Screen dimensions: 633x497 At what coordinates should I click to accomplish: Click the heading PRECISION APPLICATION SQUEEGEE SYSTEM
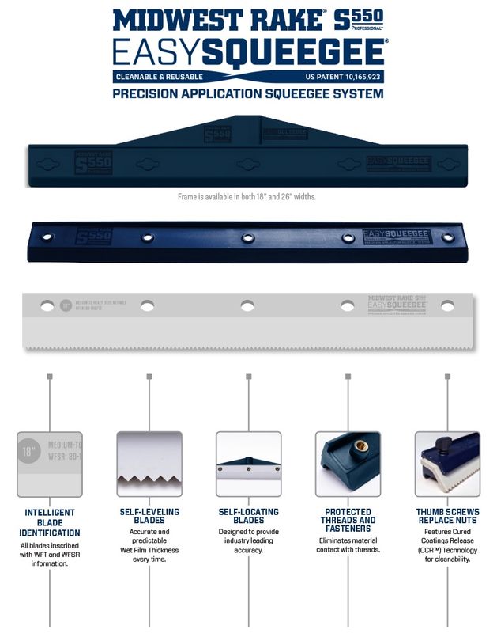[248, 93]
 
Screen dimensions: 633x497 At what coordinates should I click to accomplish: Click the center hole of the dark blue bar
[248, 237]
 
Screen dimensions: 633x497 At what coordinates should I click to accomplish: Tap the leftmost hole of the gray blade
[48, 305]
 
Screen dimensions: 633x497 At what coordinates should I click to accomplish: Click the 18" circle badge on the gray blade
[66, 305]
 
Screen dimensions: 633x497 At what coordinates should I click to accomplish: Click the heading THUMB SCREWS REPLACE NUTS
[447, 517]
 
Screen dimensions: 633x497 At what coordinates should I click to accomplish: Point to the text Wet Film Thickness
[149, 551]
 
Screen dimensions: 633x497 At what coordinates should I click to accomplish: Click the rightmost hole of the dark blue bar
[448, 237]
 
